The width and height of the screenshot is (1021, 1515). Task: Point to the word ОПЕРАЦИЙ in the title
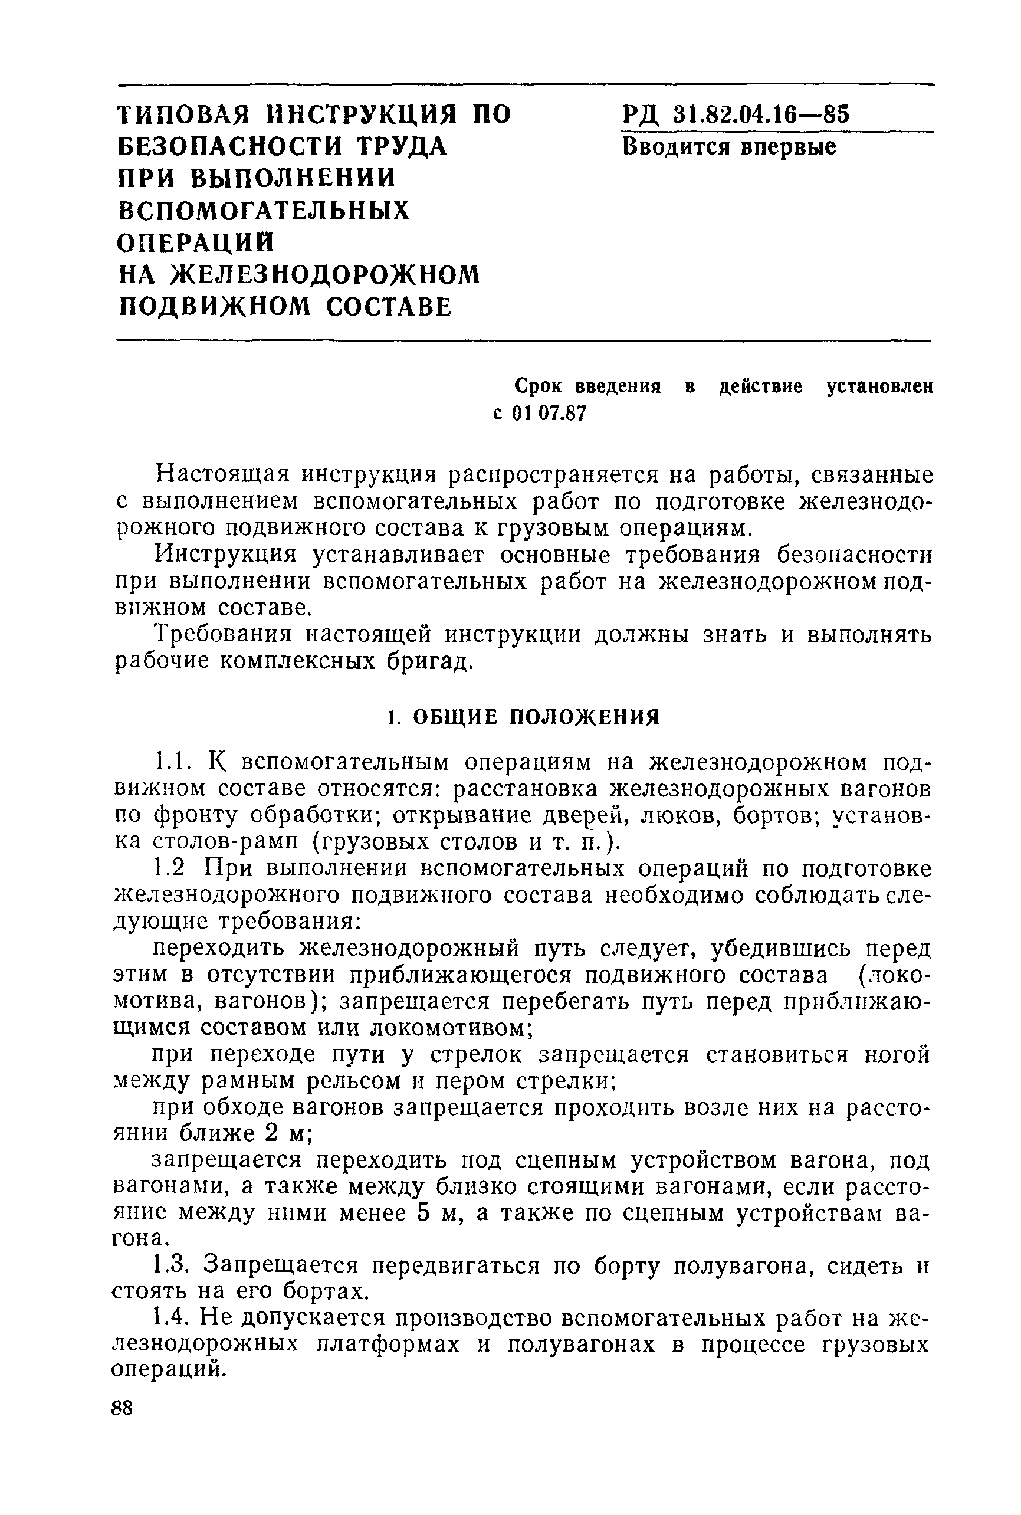click(196, 242)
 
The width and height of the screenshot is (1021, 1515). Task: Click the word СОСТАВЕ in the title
click(388, 306)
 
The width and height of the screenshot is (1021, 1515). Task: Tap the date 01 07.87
click(549, 414)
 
